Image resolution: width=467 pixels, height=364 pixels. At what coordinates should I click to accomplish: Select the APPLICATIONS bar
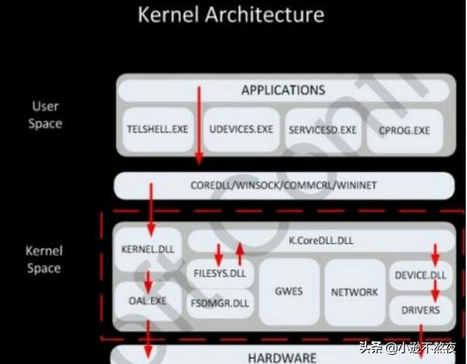(283, 91)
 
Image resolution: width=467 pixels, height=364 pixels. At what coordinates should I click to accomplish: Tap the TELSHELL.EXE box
(158, 129)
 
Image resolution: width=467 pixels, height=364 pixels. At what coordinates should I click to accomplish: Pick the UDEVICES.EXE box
(241, 129)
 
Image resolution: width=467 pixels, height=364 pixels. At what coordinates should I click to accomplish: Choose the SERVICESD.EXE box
(323, 129)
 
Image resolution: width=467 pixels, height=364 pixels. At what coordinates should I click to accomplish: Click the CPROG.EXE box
(404, 130)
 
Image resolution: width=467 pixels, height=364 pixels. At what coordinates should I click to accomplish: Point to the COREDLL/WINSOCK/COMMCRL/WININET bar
(284, 186)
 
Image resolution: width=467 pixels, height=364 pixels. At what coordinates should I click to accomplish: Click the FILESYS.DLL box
(220, 274)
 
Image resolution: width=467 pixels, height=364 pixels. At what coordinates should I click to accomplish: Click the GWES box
(289, 291)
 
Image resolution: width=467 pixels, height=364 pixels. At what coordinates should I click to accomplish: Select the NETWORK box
(355, 292)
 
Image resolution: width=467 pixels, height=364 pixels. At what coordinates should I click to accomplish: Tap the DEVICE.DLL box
(420, 275)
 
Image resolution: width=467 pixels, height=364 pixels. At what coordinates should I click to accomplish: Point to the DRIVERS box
(420, 310)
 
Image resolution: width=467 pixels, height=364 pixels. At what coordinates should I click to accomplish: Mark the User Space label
(45, 115)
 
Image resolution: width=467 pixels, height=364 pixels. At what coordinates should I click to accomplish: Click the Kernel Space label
(44, 259)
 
